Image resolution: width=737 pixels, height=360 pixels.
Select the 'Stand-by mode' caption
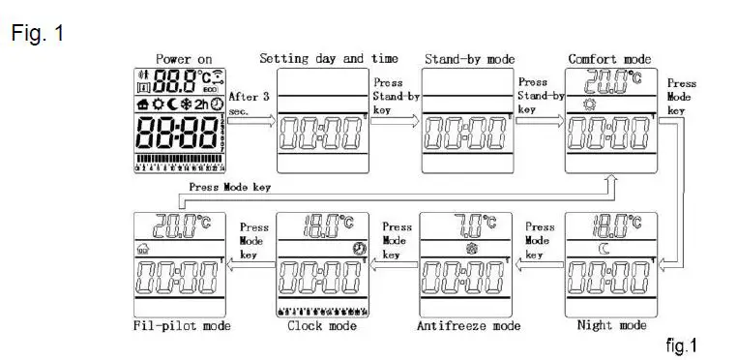point(469,59)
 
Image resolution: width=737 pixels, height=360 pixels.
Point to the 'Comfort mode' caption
point(609,59)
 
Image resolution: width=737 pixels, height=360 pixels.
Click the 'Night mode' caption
point(611,326)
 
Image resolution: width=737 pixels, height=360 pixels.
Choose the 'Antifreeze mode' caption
point(469,326)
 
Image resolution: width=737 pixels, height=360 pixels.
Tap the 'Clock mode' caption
point(322,326)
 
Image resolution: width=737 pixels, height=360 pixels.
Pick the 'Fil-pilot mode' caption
point(184,326)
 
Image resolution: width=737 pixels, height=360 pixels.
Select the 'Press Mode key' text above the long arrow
point(229,187)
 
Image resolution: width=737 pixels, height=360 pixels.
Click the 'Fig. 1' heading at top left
point(38,34)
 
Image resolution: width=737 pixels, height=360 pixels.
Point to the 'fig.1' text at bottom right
point(681,345)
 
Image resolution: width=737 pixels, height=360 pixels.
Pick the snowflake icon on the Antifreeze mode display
point(473,247)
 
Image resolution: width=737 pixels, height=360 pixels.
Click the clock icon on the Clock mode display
point(359,248)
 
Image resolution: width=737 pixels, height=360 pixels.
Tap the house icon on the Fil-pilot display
point(143,247)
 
